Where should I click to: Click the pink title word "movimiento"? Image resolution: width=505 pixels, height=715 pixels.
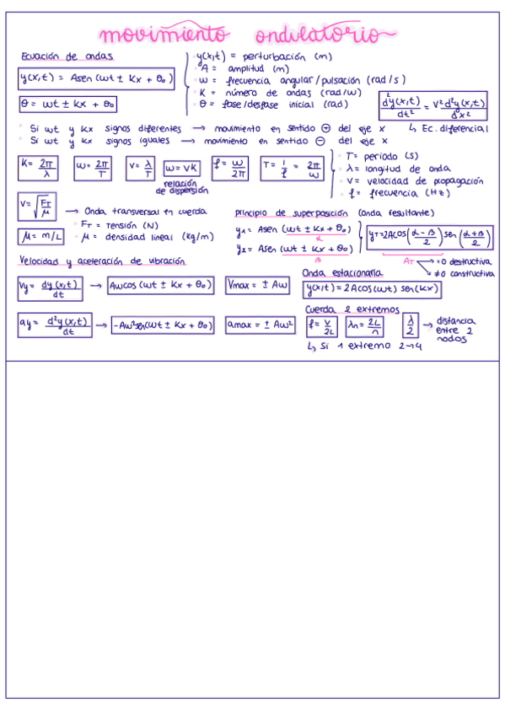point(163,35)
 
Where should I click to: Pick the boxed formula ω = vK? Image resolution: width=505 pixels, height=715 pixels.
point(181,168)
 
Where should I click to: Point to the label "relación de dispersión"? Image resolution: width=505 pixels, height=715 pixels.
point(180,186)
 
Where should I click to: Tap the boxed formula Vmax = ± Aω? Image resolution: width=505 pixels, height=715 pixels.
point(258,287)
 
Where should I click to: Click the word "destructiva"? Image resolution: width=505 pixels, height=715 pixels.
point(471,262)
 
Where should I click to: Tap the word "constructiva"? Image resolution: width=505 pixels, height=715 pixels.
point(471,274)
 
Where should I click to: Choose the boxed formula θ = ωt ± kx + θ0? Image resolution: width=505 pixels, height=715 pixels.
point(68,105)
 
